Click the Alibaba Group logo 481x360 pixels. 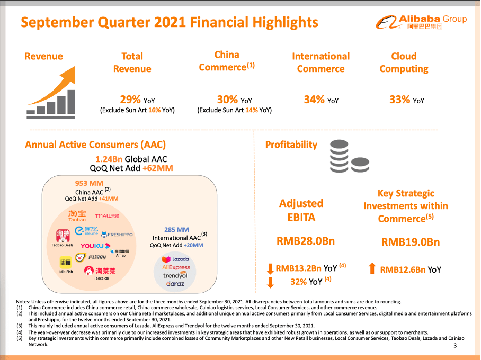click(421, 22)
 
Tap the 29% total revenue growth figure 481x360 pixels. click(130, 99)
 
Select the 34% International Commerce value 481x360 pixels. click(314, 99)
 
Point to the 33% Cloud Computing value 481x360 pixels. click(400, 99)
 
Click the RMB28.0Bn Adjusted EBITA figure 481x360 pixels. click(306, 241)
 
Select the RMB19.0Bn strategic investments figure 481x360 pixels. click(411, 242)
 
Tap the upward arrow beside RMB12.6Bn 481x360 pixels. click(372, 269)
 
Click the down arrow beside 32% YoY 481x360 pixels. click(270, 282)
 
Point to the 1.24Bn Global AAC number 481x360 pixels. click(109, 159)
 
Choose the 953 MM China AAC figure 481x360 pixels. click(89, 184)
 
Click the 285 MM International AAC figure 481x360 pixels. click(176, 230)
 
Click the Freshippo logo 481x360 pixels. click(117, 234)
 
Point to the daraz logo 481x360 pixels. click(175, 284)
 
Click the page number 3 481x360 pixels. click(455, 345)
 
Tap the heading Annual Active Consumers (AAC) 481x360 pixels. click(95, 145)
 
